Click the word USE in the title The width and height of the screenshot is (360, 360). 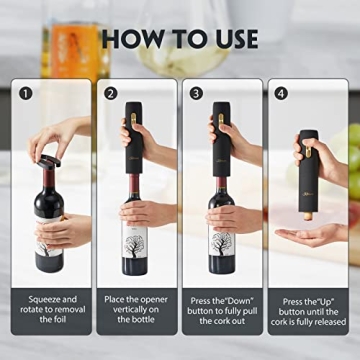click(231, 39)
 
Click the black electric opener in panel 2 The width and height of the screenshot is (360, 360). click(134, 135)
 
